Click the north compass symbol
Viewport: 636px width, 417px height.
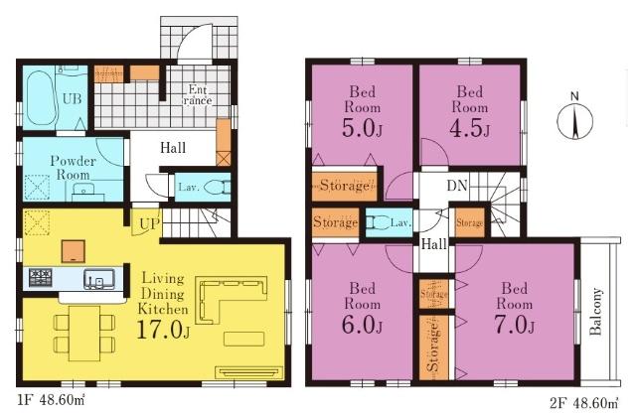coord(574,120)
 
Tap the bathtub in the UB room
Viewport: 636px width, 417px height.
coord(41,98)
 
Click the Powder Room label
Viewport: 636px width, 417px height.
coord(73,168)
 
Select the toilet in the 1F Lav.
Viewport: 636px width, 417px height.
coord(217,188)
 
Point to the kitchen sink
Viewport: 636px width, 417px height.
coord(99,279)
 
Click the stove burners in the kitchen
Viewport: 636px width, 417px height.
coord(40,278)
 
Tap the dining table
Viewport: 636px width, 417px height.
coord(84,334)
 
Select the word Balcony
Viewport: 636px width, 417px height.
coord(595,312)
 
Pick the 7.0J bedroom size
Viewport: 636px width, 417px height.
coord(515,325)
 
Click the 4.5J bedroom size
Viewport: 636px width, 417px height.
coord(469,128)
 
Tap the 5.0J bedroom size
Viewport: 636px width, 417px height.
coord(362,128)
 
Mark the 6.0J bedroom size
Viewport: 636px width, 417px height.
coord(362,325)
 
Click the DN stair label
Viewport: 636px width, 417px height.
coord(457,186)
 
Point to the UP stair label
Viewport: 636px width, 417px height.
coord(150,223)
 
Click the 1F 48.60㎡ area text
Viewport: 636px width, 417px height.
coord(51,401)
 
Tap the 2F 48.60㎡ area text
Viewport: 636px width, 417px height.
coord(584,403)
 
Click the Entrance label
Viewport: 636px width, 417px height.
coord(198,95)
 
